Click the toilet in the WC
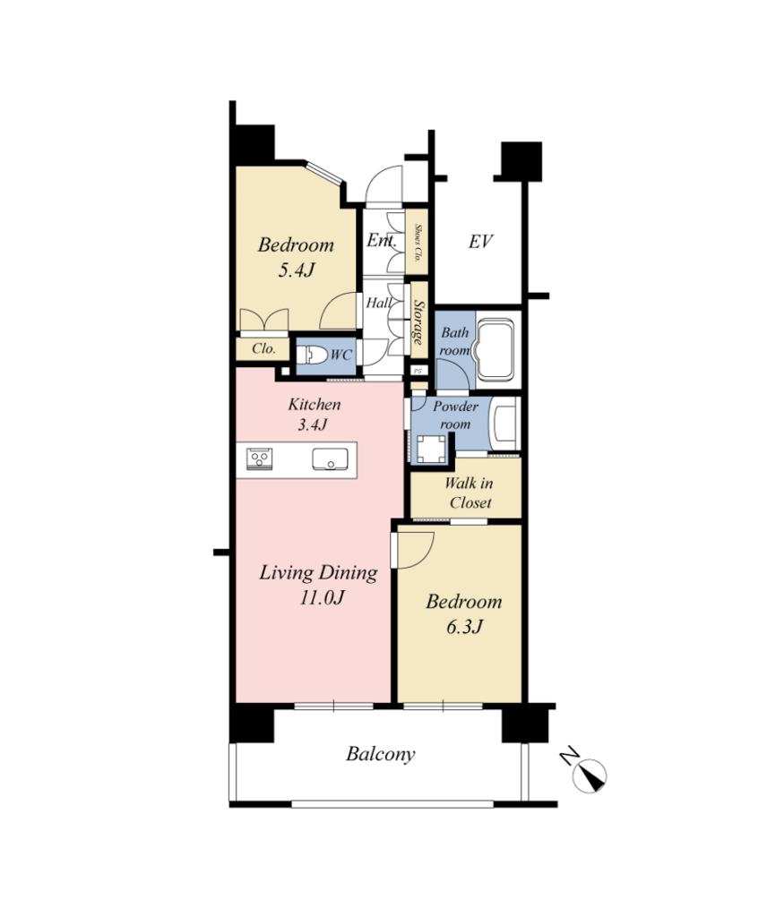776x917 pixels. [313, 355]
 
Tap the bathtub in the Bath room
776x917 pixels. [496, 349]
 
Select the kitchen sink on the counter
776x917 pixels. [330, 459]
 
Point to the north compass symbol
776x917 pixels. [588, 776]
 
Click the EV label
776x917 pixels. [480, 242]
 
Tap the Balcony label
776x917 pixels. [381, 754]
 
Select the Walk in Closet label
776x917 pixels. [469, 493]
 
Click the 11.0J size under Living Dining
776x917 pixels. [322, 597]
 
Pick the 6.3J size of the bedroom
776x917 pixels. [464, 627]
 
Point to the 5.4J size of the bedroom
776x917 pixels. [296, 270]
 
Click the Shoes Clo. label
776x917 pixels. [418, 242]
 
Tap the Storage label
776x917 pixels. [418, 321]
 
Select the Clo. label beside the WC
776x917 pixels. [264, 348]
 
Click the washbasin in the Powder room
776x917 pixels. [505, 424]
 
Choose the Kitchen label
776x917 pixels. [315, 404]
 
